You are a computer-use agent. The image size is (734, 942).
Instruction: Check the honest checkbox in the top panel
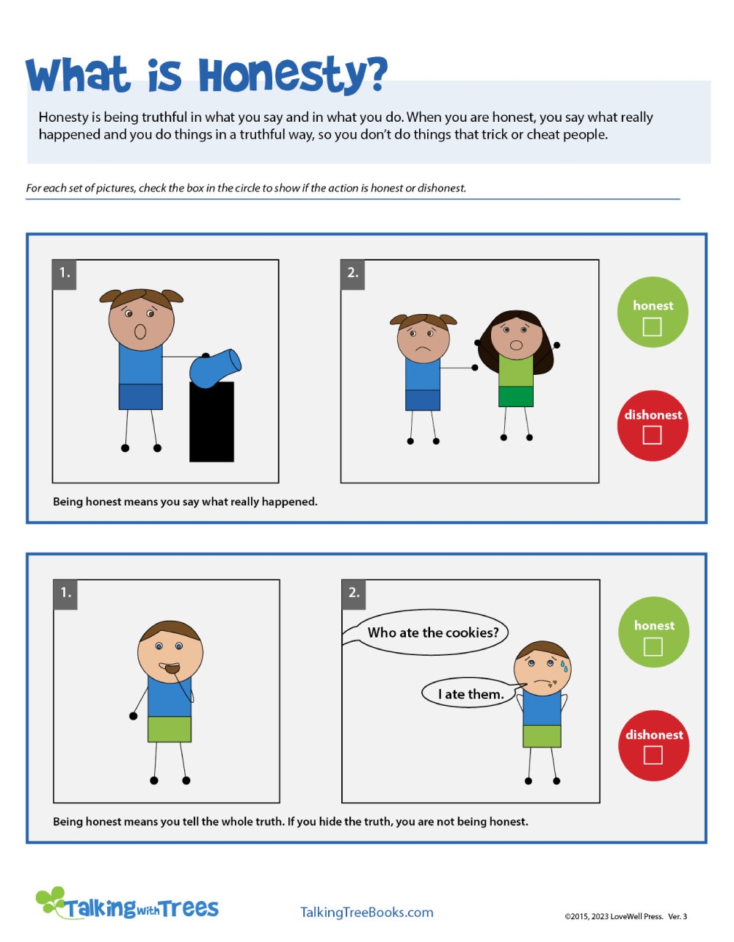point(652,326)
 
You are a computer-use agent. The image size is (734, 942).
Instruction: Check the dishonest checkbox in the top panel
point(652,435)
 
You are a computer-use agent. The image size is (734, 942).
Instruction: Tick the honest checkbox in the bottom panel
point(653,646)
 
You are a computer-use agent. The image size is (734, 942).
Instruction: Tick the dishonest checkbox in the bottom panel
point(653,755)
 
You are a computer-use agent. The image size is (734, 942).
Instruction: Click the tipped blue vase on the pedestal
point(214,368)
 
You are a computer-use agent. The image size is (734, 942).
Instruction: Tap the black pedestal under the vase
point(211,422)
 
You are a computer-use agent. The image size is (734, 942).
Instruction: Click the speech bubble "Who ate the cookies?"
point(432,632)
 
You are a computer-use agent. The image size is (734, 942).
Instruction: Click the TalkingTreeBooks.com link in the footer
point(366,912)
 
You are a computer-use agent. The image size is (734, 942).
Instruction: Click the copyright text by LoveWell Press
point(625,916)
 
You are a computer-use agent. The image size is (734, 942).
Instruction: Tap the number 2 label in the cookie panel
point(354,593)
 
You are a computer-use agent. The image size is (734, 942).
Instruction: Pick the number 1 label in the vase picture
point(65,273)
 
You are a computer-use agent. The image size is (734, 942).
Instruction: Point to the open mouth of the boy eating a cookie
point(170,668)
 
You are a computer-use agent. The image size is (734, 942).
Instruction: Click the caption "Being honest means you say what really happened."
point(185,502)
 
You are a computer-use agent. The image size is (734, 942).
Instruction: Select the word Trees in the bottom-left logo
point(189,909)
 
